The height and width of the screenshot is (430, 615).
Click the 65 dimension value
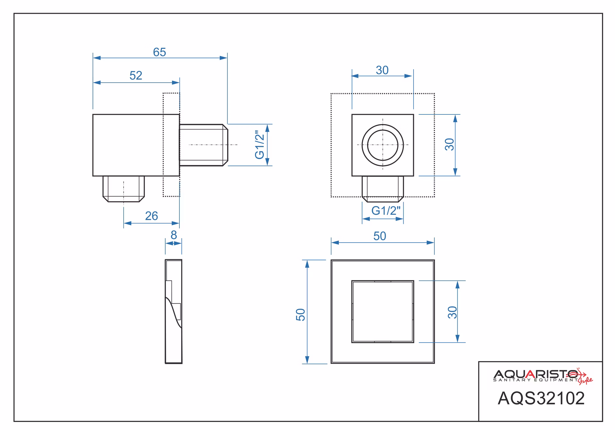click(160, 52)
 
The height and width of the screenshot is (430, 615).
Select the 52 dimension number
click(136, 75)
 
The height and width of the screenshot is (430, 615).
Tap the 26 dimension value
click(152, 216)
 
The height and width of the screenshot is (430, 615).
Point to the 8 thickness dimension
click(174, 235)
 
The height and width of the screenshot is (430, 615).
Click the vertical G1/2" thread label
click(259, 145)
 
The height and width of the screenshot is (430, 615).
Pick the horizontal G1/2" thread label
click(386, 211)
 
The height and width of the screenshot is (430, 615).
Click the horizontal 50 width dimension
click(380, 236)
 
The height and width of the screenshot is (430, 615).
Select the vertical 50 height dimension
click(300, 315)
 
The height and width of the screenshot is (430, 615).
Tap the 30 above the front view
click(382, 70)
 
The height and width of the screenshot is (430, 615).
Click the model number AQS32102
click(541, 398)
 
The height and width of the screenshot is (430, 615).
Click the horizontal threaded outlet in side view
click(203, 145)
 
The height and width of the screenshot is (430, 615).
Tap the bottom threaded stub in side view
click(124, 189)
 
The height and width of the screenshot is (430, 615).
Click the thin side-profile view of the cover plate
click(174, 311)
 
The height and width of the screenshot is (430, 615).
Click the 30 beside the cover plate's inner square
click(452, 312)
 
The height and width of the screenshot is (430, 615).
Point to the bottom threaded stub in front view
click(383, 189)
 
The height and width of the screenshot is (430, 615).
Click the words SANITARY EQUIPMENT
click(536, 380)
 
